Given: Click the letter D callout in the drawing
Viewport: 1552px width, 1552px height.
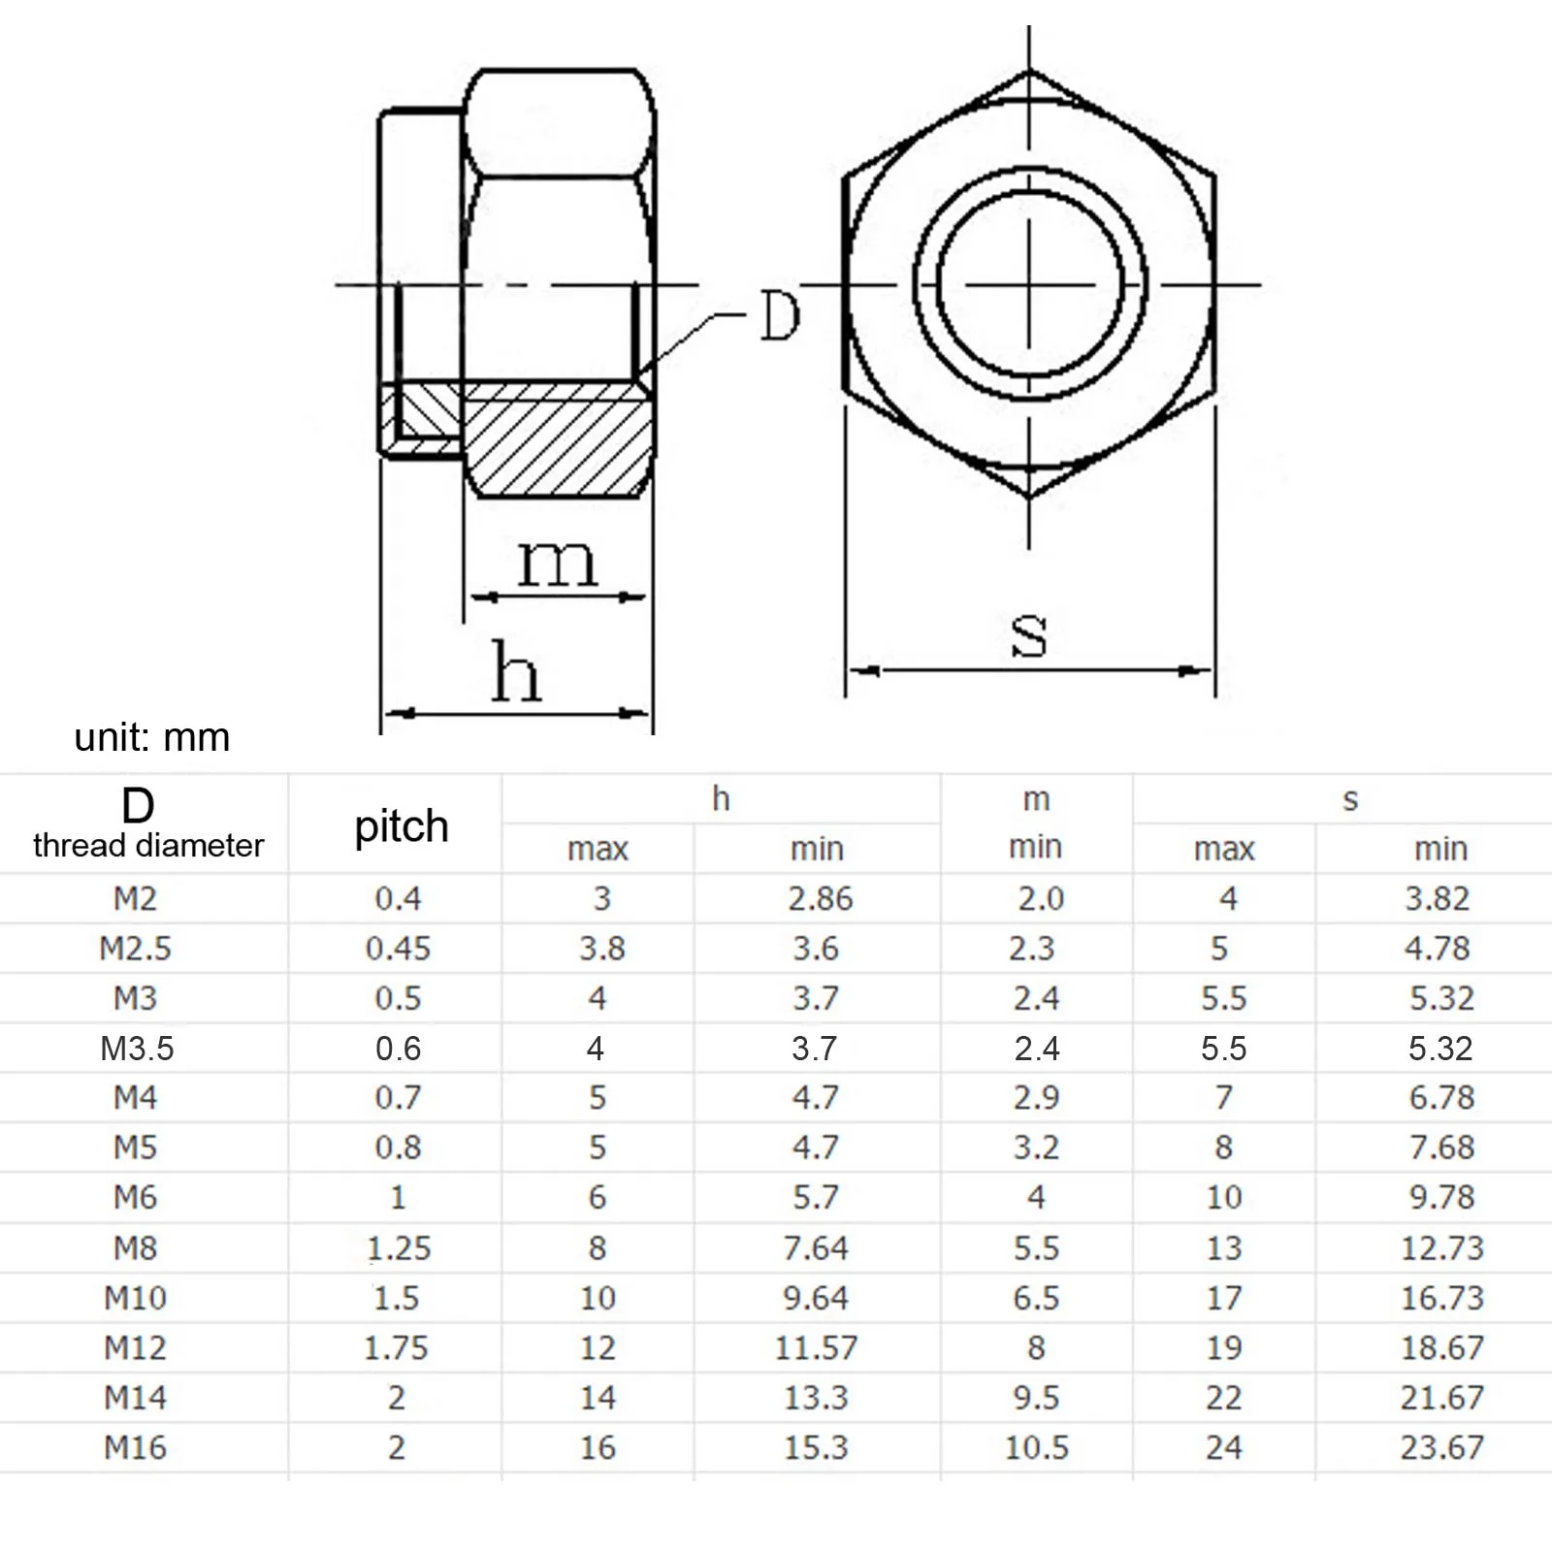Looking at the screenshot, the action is pos(780,316).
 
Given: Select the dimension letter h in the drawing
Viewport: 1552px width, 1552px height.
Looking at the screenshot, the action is pos(515,671).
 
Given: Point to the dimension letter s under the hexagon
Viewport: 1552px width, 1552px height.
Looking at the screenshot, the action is pos(1028,636).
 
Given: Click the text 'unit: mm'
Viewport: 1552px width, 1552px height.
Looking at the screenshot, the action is pos(152,738).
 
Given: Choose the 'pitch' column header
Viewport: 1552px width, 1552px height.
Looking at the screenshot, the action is pos(401,827).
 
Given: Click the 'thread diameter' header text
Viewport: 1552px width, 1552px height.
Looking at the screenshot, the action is pos(148,846).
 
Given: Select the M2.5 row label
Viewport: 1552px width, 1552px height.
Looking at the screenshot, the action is pos(136,949).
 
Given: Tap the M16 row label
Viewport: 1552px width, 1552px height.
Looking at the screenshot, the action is pos(136,1448).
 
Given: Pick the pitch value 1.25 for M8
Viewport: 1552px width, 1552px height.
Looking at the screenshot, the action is pos(399,1248).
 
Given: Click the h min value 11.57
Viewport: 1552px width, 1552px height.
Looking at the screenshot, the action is pos(816,1348).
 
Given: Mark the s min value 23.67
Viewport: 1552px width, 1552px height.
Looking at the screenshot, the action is pos(1441,1448).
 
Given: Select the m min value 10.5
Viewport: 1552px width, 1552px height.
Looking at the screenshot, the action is pos(1036,1448).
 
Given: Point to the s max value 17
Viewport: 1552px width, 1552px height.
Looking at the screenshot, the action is pos(1224,1298).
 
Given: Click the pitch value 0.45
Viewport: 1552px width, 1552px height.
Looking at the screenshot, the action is pos(398,949).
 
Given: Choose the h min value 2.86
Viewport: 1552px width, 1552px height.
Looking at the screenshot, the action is pos(820,899).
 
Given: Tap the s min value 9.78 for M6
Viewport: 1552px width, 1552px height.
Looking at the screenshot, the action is pos(1441,1198).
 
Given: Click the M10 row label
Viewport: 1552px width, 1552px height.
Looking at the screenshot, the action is pos(136,1298).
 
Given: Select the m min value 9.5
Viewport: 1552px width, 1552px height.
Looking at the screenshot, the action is pos(1036,1398).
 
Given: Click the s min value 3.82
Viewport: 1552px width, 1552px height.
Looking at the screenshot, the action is pos(1438,899).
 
